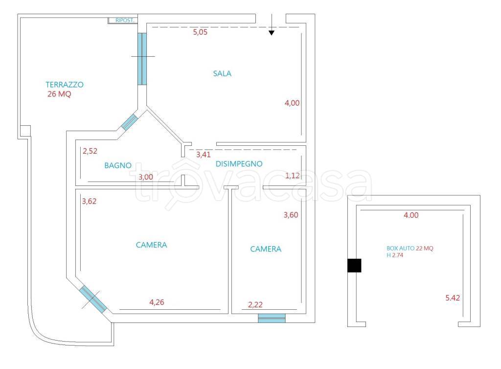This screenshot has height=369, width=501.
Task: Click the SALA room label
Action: [x=222, y=74]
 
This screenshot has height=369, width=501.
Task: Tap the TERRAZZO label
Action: [x=65, y=84]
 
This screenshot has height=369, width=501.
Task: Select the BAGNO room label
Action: [x=118, y=165]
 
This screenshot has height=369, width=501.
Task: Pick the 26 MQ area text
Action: [x=59, y=94]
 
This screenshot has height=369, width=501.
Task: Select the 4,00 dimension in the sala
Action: [x=292, y=103]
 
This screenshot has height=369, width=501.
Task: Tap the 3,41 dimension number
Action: [x=204, y=155]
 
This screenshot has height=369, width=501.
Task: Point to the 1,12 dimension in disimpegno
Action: [x=292, y=176]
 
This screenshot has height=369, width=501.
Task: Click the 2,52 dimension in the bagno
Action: [x=90, y=151]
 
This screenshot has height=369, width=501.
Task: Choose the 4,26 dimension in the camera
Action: [x=156, y=302]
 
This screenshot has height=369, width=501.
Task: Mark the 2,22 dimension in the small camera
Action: [x=255, y=305]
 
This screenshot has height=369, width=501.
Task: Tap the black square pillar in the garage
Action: [x=354, y=265]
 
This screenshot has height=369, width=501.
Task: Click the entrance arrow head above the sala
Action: [x=272, y=33]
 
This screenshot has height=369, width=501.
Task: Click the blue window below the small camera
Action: [x=272, y=318]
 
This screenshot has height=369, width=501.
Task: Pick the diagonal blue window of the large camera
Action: [x=93, y=299]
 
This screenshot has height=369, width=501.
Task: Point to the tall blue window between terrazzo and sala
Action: [x=142, y=59]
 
